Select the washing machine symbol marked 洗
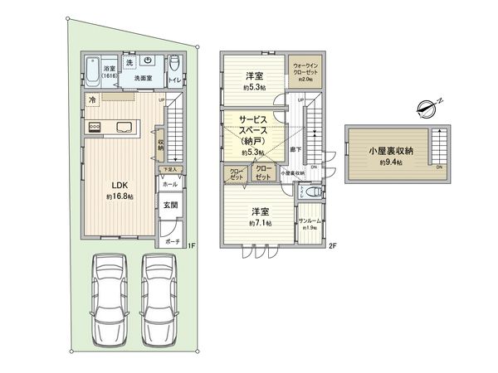click(129, 63)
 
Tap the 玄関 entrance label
click(169, 204)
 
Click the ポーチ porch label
click(172, 241)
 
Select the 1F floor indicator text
click(190, 245)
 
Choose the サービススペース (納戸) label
click(249, 135)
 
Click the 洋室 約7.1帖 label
click(259, 216)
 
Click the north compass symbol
click(425, 106)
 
